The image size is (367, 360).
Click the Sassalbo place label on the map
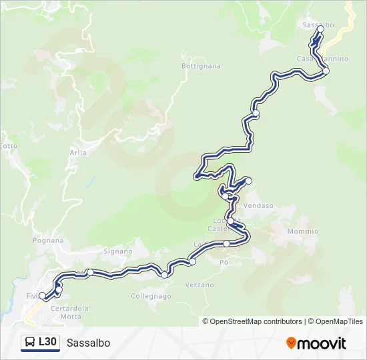[318, 25]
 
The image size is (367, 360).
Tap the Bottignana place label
[201, 66]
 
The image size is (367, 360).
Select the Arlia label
[78, 153]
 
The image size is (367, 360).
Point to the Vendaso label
[259, 206]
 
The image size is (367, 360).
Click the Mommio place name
[303, 231]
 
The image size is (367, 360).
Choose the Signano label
[118, 251]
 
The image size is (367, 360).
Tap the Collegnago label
[151, 296]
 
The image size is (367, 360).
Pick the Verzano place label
[200, 285]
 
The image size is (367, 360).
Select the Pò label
[224, 262]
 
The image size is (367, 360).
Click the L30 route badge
[40, 342]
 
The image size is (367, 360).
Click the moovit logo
[316, 343]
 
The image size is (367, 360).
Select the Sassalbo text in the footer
[88, 343]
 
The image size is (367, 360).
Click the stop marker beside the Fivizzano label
[42, 295]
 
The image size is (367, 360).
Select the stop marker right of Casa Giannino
[326, 70]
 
